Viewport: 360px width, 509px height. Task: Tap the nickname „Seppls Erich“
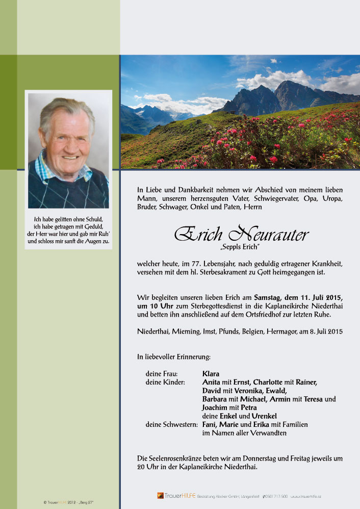coord(241,247)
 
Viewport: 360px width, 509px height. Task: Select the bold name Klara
coord(211,373)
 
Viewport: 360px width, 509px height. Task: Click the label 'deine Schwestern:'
coord(171,424)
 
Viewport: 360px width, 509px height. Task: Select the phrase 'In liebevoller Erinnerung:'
coord(174,357)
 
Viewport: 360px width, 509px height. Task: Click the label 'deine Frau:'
coord(162,373)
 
